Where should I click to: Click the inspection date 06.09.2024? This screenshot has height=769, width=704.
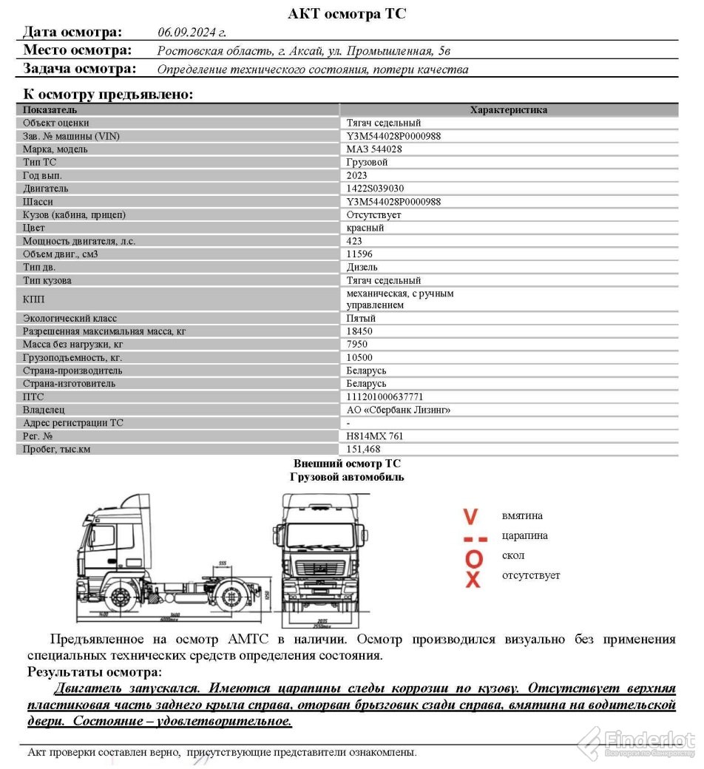(x=191, y=33)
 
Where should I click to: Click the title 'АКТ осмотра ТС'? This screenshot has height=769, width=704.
(x=347, y=13)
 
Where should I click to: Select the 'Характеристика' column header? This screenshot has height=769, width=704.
(x=509, y=110)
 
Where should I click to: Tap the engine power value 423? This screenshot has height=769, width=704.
(x=355, y=241)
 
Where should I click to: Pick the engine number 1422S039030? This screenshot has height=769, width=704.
(x=375, y=189)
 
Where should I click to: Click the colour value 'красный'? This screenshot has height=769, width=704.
(x=365, y=228)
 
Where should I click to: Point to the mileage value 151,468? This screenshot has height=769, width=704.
(x=364, y=450)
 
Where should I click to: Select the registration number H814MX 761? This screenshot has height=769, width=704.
(x=375, y=436)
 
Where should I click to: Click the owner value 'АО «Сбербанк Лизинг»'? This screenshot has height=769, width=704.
(x=399, y=410)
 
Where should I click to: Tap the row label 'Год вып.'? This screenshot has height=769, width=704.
(x=43, y=175)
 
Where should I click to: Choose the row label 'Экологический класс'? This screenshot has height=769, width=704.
(x=70, y=319)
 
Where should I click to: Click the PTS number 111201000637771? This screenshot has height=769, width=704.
(x=385, y=397)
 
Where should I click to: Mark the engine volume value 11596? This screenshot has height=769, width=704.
(x=359, y=254)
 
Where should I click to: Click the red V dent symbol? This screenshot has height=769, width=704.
(x=470, y=516)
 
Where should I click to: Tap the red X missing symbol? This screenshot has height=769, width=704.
(x=473, y=577)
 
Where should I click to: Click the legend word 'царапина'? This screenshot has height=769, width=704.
(x=524, y=536)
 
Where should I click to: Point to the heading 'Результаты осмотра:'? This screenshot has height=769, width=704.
(x=94, y=672)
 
